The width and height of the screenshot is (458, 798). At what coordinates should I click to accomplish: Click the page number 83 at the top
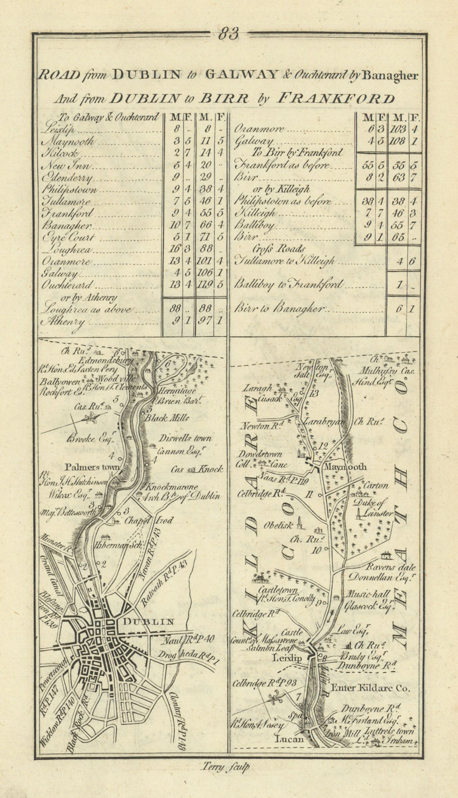229,34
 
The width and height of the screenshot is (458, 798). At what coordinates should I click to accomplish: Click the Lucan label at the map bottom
290,739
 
